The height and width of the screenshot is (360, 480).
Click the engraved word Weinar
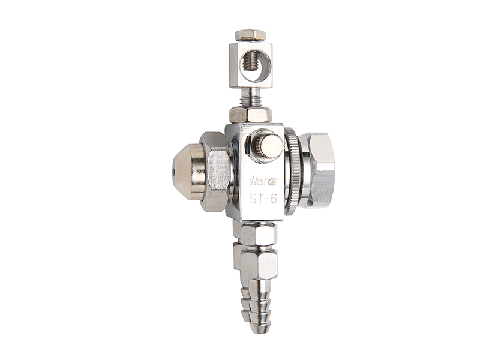(263, 181)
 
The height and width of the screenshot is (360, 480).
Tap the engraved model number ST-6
(263, 199)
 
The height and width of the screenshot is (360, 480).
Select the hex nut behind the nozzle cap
(215, 172)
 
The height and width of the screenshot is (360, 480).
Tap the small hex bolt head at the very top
(250, 35)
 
